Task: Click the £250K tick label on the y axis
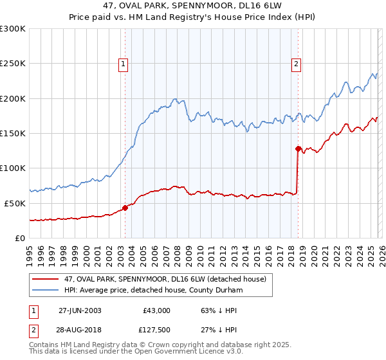point(13,64)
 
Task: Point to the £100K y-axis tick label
point(13,168)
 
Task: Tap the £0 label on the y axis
point(19,238)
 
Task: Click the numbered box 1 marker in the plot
point(123,64)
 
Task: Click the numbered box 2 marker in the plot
point(296,64)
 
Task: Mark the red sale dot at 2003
point(125,208)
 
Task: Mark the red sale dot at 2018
point(298,149)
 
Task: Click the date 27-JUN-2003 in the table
point(80,310)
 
